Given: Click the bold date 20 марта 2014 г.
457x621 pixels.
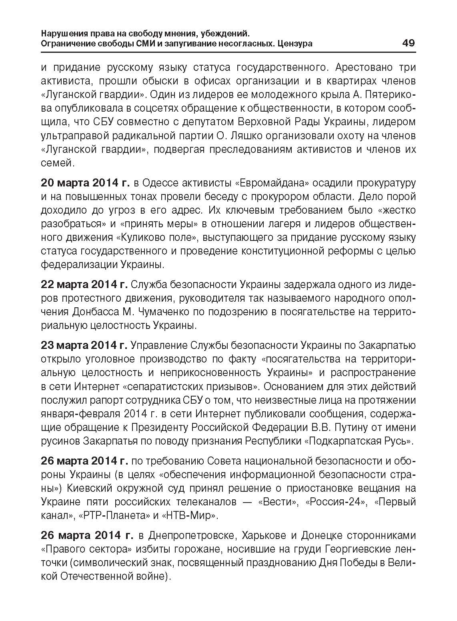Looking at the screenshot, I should (x=85, y=183).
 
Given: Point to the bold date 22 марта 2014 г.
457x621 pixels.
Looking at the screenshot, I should (x=84, y=284).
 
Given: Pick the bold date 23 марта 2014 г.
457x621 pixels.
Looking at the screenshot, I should (x=84, y=345).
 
